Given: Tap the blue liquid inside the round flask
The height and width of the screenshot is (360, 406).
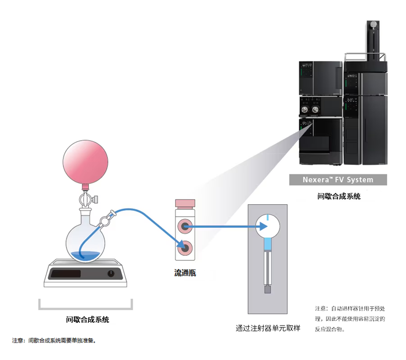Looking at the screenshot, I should tap(85, 255).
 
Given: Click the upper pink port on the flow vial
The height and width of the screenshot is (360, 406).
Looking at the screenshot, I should tap(185, 225).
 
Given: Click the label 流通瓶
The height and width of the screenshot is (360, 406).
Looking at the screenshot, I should tap(185, 273).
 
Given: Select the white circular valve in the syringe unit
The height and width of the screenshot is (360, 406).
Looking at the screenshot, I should tap(268, 225).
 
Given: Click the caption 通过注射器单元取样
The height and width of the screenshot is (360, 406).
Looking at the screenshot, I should tap(268, 328).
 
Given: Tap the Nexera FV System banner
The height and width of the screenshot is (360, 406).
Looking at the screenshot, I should tap(338, 180).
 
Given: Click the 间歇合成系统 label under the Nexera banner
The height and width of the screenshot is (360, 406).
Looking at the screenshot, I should tap(338, 196).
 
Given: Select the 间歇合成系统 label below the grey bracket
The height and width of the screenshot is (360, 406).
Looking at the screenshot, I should tap(88, 320).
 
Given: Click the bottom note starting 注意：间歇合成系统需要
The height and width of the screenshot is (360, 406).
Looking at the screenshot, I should tap(55, 340).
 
